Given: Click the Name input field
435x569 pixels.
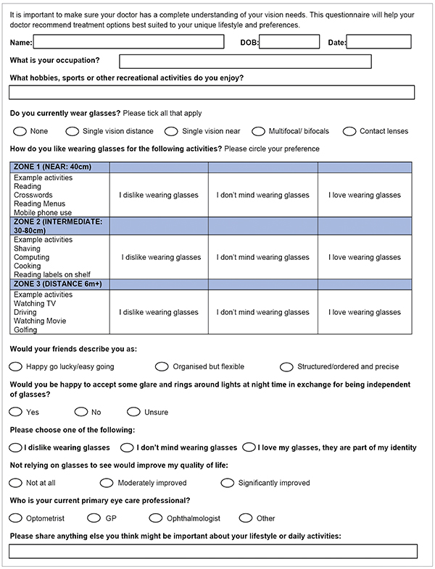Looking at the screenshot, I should [x=128, y=42].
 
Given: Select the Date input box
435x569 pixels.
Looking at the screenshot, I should [x=378, y=42].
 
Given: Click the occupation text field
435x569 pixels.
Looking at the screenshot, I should [x=245, y=62].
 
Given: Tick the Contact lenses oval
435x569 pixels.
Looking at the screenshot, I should [x=349, y=132].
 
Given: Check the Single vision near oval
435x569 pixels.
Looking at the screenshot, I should [x=171, y=132].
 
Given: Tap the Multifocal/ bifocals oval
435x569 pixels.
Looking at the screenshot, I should [x=257, y=132].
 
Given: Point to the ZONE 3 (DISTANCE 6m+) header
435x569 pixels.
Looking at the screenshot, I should [x=57, y=284].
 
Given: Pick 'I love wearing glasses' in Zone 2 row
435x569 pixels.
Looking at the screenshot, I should [x=364, y=257].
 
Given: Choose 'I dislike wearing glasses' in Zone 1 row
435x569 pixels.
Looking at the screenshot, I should [x=159, y=195].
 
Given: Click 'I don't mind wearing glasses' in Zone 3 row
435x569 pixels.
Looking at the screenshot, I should [x=262, y=312].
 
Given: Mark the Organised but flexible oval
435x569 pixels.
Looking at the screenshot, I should [x=161, y=367].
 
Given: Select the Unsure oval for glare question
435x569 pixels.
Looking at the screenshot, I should [x=133, y=412].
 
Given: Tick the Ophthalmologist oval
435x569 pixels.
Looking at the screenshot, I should [x=155, y=518].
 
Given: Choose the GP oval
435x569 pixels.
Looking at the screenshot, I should [x=94, y=518].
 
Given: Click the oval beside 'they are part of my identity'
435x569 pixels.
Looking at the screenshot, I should [x=249, y=447].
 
